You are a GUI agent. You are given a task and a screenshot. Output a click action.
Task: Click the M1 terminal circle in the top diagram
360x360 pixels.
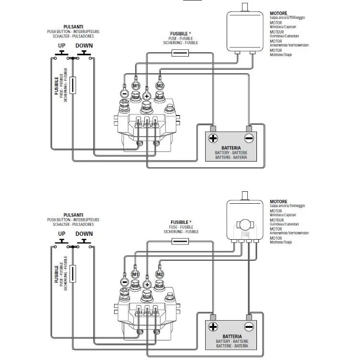tap(136, 86)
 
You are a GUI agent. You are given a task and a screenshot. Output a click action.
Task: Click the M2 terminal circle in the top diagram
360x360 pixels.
tap(160, 86)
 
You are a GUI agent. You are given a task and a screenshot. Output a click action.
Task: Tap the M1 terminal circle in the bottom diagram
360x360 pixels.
tap(136, 274)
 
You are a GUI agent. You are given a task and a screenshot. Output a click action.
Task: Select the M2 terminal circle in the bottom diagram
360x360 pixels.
tap(160, 274)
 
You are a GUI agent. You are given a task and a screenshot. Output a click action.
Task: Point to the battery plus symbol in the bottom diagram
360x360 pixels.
tap(213, 327)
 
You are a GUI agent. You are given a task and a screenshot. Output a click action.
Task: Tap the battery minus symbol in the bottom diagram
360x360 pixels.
tap(249, 327)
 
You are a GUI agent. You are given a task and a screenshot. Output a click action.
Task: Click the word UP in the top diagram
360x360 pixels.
tap(62, 46)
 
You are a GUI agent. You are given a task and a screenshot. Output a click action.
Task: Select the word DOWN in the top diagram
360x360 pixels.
tap(84, 46)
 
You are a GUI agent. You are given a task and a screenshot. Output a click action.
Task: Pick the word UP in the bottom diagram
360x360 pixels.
tap(62, 234)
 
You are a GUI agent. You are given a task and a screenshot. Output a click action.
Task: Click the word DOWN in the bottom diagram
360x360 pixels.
tap(84, 234)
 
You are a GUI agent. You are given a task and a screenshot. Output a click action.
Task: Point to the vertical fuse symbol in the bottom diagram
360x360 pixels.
tap(73, 274)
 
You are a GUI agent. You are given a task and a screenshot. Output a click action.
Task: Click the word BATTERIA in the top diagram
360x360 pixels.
tap(231, 148)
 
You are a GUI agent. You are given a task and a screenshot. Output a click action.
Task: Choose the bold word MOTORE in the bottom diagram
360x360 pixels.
tap(279, 202)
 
